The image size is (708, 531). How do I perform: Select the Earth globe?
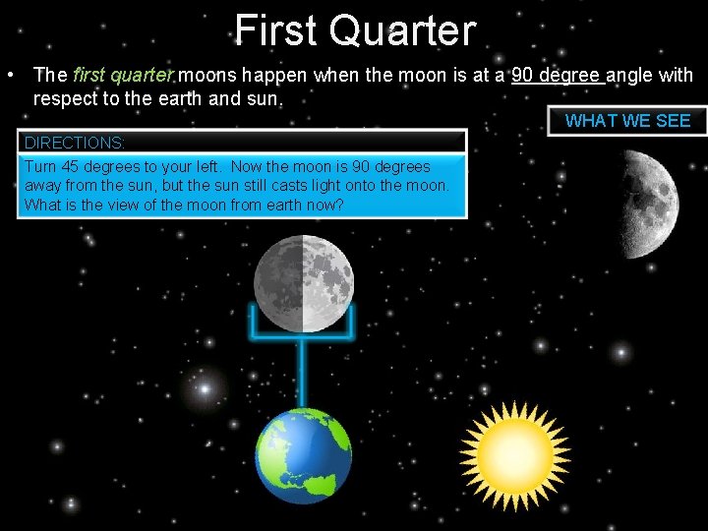pos(303,456)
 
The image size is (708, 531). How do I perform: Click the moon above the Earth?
pos(303,284)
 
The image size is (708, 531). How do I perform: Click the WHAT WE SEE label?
pos(627,121)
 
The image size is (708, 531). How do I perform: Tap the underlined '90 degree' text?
pos(558,76)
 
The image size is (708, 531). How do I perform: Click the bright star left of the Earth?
pos(205,390)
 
